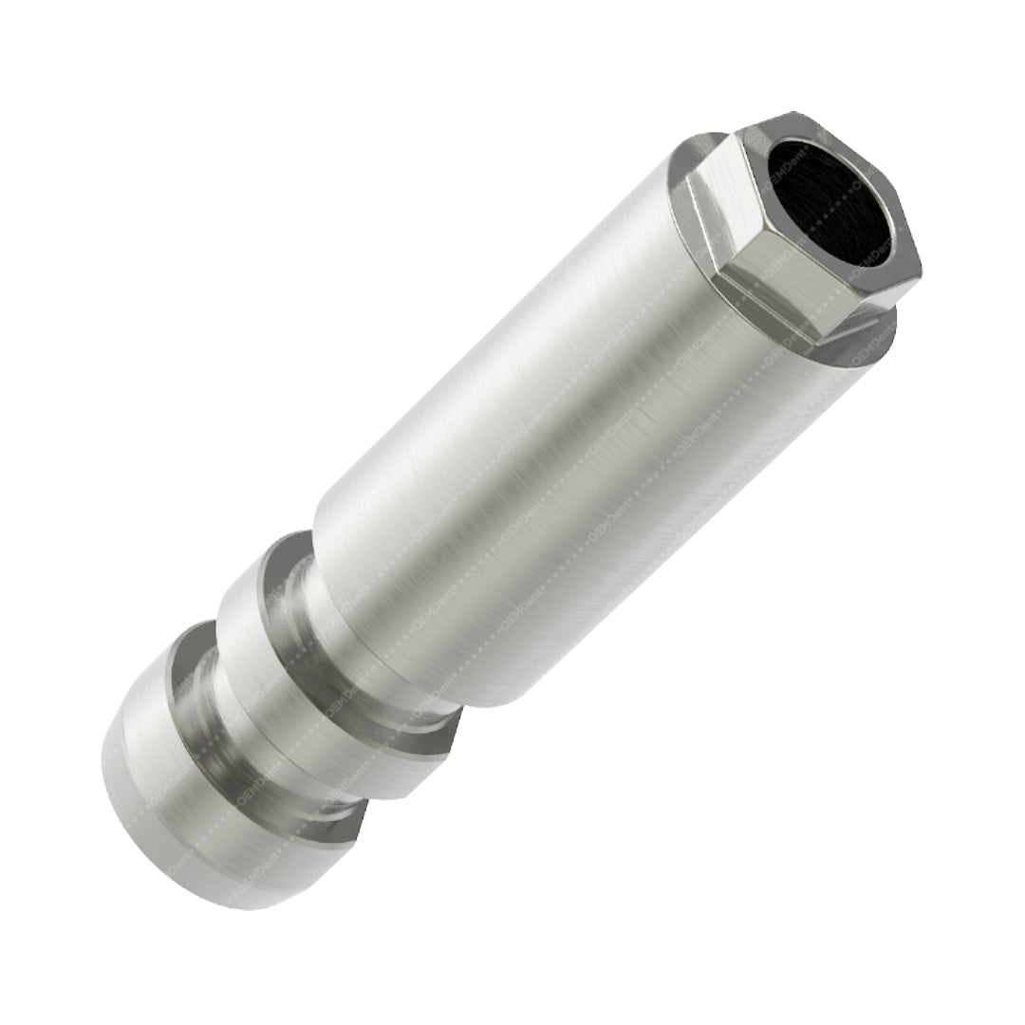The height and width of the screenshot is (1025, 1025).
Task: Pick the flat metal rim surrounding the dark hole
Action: [x=892, y=237]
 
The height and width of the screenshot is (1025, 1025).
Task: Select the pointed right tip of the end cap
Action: [x=364, y=816]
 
